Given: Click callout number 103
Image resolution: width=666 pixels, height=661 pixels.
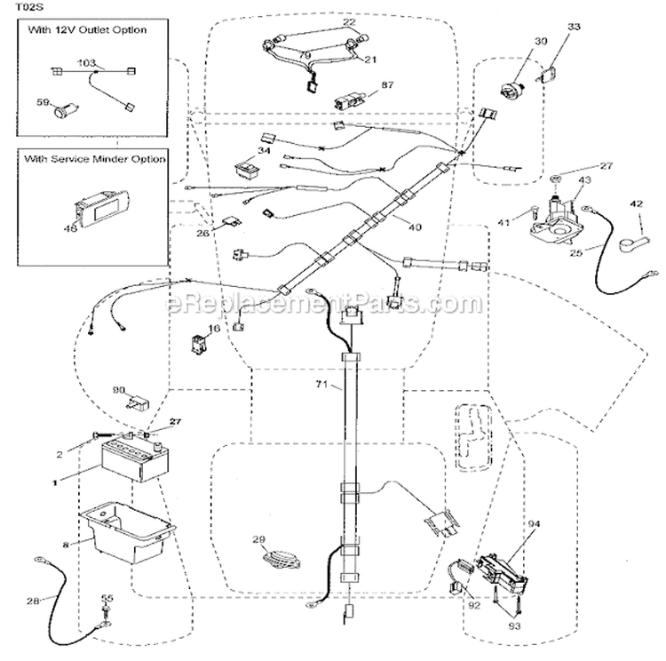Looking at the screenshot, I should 87,63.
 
